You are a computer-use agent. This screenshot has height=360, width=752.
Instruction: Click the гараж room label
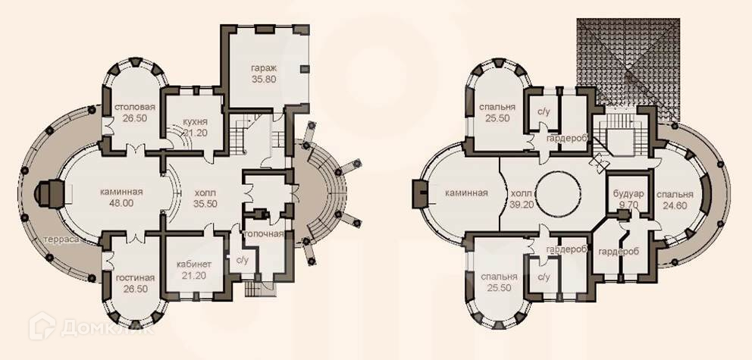click(264, 68)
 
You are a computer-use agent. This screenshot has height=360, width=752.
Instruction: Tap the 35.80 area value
click(264, 80)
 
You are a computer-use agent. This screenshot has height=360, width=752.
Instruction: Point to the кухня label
click(195, 122)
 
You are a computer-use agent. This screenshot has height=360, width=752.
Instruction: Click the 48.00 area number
click(122, 203)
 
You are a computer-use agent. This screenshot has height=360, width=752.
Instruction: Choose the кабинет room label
click(194, 265)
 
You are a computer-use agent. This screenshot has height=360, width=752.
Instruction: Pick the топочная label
click(264, 234)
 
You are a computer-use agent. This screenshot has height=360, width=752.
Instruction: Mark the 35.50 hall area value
click(205, 203)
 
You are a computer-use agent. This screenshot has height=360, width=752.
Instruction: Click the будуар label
click(628, 195)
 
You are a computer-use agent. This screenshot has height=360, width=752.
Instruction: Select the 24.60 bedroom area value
click(675, 205)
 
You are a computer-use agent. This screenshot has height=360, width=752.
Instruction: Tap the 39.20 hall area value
click(522, 205)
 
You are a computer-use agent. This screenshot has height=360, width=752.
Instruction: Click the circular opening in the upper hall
click(558, 195)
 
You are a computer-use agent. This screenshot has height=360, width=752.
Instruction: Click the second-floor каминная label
click(466, 193)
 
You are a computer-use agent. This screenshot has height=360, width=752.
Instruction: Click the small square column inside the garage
click(305, 70)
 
